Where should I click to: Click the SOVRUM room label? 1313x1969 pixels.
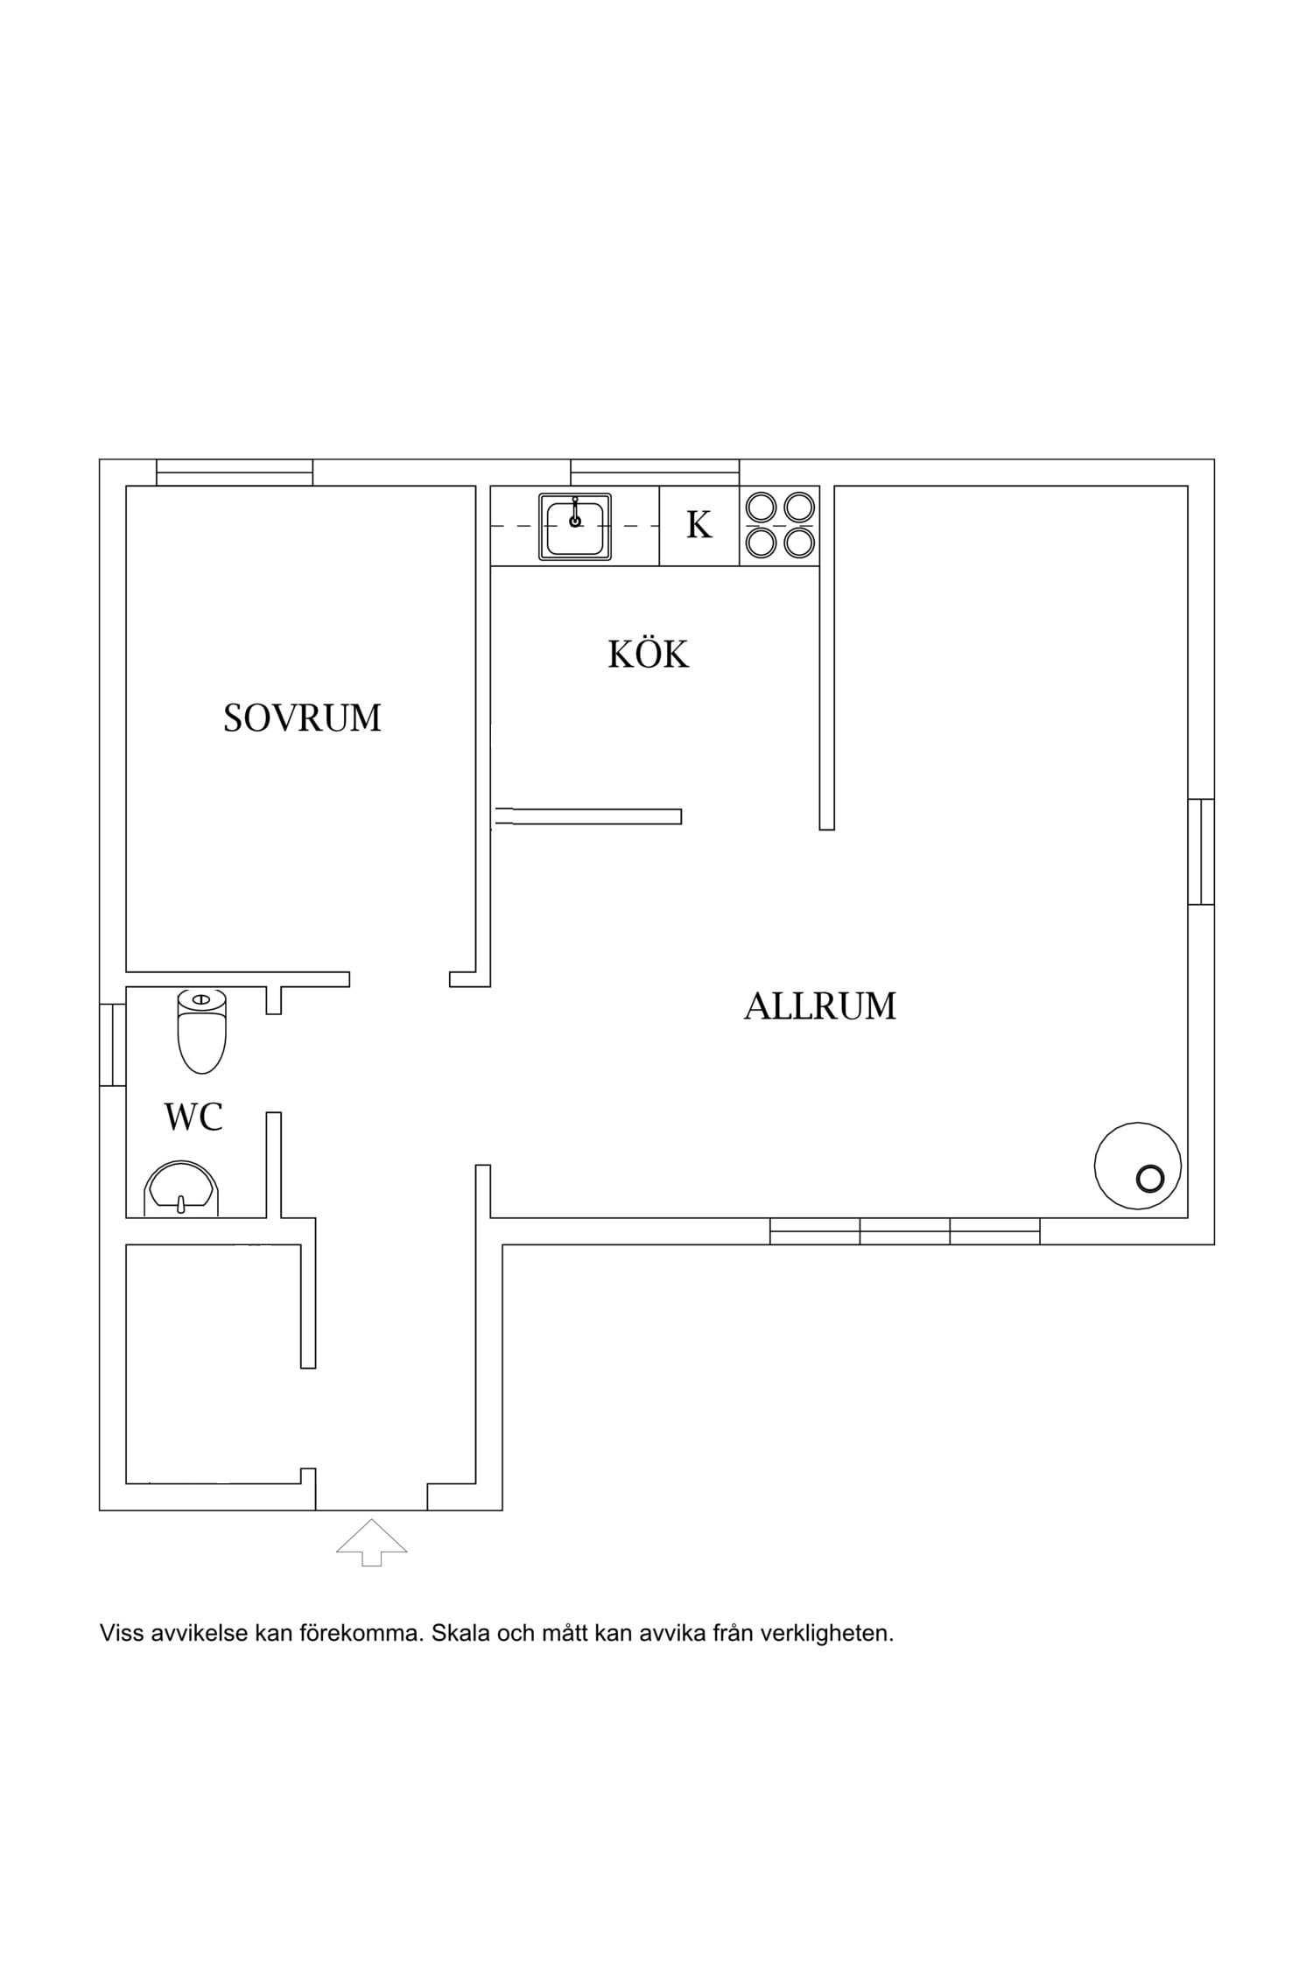coord(302,718)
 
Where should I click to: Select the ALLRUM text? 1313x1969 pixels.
coord(820,1006)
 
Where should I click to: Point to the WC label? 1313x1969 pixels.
coord(193,1117)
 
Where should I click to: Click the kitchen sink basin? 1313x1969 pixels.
coord(574,526)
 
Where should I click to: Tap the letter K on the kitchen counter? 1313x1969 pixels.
coord(699,525)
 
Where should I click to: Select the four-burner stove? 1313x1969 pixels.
coord(780,525)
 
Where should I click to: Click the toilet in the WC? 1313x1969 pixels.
coord(202,1032)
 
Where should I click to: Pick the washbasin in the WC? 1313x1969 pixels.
coord(181,1189)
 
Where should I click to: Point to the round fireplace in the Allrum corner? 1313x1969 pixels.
coord(1137,1166)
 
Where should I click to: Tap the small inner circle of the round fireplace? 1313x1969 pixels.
coord(1150,1179)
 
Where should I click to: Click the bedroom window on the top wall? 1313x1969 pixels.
coord(235,473)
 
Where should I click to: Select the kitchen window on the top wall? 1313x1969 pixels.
coord(655,473)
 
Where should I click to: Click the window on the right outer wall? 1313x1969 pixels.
coord(1201,851)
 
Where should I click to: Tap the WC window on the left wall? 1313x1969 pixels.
coord(113,1045)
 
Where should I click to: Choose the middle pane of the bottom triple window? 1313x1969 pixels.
coord(905,1231)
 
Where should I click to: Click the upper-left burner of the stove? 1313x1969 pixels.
coord(761,507)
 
